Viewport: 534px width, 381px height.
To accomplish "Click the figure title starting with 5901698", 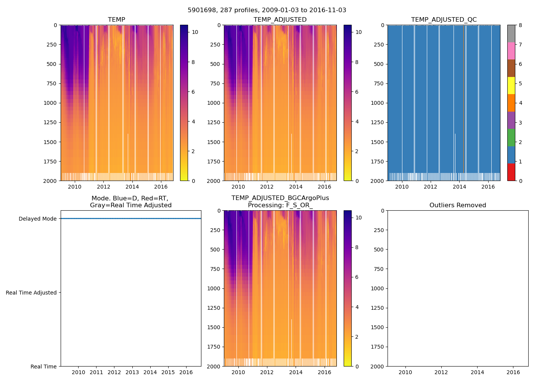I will pyautogui.click(x=267, y=10).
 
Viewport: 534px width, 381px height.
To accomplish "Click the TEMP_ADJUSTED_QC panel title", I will pyautogui.click(x=444, y=20).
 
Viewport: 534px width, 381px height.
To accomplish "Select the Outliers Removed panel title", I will pyautogui.click(x=458, y=205).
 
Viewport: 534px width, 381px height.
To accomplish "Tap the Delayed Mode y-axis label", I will pyautogui.click(x=37, y=219).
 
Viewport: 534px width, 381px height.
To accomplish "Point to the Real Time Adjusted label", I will pyautogui.click(x=31, y=293).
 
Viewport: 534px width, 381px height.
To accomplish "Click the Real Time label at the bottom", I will pyautogui.click(x=43, y=367).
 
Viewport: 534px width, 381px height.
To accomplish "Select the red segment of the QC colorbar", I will pyautogui.click(x=511, y=172).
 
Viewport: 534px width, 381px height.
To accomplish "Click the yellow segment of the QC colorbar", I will pyautogui.click(x=511, y=85).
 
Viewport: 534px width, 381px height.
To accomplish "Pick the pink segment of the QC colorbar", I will pyautogui.click(x=511, y=51).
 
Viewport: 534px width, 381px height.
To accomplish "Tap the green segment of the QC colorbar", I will pyautogui.click(x=511, y=138).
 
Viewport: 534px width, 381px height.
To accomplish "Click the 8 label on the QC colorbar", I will pyautogui.click(x=520, y=25).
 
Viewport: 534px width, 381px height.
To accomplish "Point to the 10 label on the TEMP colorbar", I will pyautogui.click(x=195, y=32).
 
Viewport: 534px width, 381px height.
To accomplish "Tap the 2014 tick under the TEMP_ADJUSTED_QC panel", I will pyautogui.click(x=459, y=187).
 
